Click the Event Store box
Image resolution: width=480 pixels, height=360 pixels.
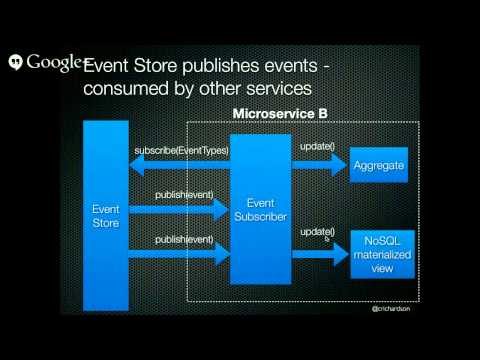[106, 215]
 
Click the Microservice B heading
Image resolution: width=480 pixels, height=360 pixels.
[280, 114]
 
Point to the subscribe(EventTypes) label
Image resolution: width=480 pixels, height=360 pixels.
[180, 151]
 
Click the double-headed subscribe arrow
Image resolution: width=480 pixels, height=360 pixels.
[180, 164]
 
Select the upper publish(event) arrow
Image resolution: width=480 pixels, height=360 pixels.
[180, 208]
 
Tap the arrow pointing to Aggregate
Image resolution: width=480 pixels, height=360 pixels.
[319, 164]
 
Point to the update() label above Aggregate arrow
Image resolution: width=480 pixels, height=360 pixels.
[317, 149]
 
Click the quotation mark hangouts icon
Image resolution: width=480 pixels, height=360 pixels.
[15, 62]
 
